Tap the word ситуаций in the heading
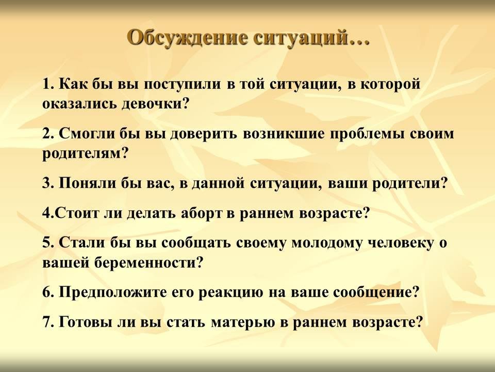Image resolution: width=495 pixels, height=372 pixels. click(303, 38)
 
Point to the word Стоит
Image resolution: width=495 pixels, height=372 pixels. click(77, 213)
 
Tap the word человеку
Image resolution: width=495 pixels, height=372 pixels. click(401, 243)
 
